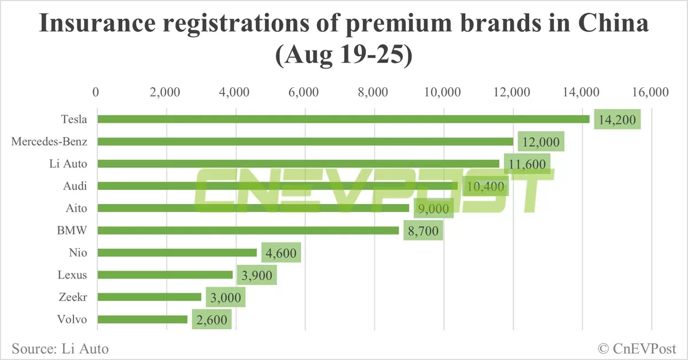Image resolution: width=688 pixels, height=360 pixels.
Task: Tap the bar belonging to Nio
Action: click(x=177, y=253)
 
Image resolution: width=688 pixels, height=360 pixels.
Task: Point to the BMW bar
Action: click(x=248, y=230)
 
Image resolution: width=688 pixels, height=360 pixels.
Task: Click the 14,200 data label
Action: click(x=617, y=120)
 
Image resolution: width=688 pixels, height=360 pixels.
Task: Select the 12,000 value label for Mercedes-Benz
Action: click(x=541, y=142)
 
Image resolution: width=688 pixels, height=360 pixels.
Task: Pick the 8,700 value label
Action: click(x=423, y=231)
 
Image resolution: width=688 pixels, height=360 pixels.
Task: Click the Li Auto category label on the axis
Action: click(x=69, y=164)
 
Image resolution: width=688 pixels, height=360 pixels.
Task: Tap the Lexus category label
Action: click(x=72, y=275)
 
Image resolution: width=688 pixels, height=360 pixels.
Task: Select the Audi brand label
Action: click(x=75, y=186)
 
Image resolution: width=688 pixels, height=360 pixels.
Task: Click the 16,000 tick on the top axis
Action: click(x=651, y=93)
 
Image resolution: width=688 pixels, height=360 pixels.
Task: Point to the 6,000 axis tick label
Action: click(x=304, y=93)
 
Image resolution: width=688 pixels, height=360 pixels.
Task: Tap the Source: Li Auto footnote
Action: click(x=59, y=348)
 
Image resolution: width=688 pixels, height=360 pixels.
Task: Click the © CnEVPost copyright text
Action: click(x=637, y=348)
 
